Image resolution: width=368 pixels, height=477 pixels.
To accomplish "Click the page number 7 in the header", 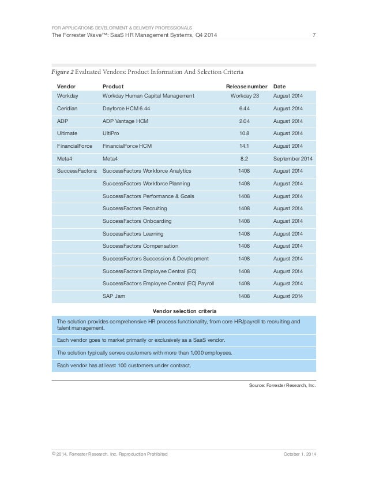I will click(313, 37).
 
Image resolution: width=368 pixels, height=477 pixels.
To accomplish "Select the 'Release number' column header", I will click(246, 85).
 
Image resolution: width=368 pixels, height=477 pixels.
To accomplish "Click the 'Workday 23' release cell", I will click(245, 96).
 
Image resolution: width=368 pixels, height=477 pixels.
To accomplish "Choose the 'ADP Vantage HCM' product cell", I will click(125, 121).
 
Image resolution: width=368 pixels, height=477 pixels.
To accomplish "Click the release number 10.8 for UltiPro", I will click(244, 133).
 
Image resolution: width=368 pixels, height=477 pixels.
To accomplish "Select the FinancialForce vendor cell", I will click(74, 146).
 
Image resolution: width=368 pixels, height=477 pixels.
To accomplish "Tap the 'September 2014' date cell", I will click(293, 159).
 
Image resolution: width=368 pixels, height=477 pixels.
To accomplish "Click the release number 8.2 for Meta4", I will click(244, 159).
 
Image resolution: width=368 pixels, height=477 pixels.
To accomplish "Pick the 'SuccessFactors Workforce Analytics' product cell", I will click(147, 171).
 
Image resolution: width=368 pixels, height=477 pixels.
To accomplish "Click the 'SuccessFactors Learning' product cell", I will click(133, 234).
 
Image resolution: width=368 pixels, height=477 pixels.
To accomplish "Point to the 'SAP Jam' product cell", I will click(114, 296).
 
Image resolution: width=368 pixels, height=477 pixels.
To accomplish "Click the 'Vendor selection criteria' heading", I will click(183, 311).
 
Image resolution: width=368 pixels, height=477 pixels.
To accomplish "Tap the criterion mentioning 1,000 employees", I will click(144, 352).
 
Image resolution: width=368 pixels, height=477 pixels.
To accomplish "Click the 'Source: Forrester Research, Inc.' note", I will click(282, 385).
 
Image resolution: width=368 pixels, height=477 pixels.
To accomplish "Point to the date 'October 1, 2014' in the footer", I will click(300, 454).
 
